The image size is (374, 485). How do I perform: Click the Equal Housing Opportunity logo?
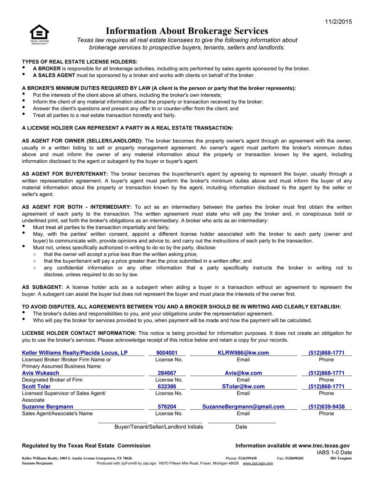pyautogui.click(x=39, y=34)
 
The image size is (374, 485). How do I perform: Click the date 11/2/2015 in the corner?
pyautogui.click(x=338, y=22)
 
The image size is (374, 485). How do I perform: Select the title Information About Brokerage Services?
pyautogui.click(x=187, y=31)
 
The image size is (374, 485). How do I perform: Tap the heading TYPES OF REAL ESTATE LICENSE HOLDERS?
pyautogui.click(x=79, y=62)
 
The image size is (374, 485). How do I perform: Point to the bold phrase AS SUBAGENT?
pyautogui.click(x=42, y=287)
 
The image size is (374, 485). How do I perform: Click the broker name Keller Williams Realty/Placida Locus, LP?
pyautogui.click(x=75, y=353)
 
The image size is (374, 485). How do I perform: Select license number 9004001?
pyautogui.click(x=167, y=353)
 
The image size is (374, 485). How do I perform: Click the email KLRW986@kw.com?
pyautogui.click(x=243, y=353)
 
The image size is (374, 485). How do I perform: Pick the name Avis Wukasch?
pyautogui.click(x=40, y=373)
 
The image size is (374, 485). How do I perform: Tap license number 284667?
pyautogui.click(x=167, y=373)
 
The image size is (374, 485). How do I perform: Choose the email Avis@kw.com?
pyautogui.click(x=243, y=373)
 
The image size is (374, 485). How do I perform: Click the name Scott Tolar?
pyautogui.click(x=36, y=386)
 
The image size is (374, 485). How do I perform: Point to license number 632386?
pyautogui.click(x=167, y=386)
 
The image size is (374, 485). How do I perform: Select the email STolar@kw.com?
pyautogui.click(x=243, y=386)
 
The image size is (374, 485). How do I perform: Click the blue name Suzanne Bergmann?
pyautogui.click(x=47, y=407)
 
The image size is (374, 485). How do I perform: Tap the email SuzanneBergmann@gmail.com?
pyautogui.click(x=243, y=407)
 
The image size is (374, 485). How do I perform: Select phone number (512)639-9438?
pyautogui.click(x=326, y=407)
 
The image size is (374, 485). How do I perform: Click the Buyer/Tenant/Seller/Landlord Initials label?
pyautogui.click(x=159, y=427)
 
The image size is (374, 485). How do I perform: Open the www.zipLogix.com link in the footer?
pyautogui.click(x=258, y=463)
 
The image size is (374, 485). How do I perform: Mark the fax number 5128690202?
pyautogui.click(x=294, y=458)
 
